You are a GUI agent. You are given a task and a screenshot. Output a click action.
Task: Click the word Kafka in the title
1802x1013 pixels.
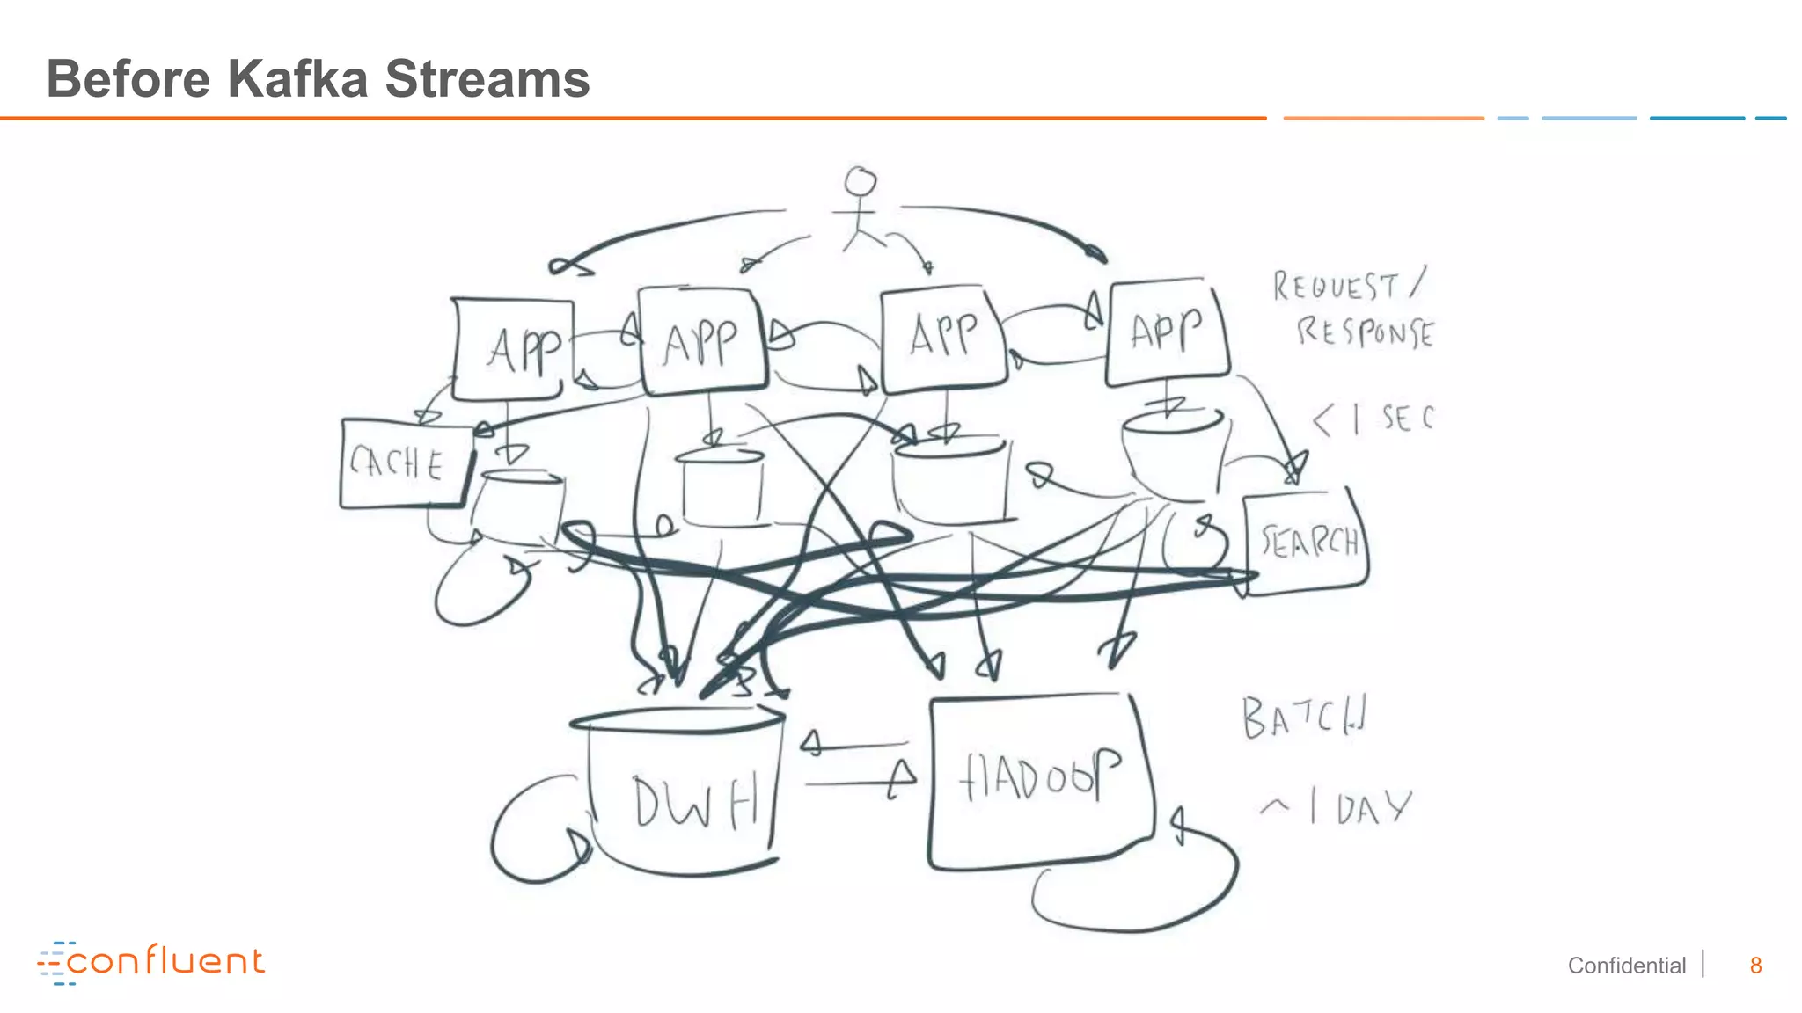coord(297,79)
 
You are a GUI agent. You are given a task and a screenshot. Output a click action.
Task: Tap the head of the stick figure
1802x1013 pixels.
coord(860,182)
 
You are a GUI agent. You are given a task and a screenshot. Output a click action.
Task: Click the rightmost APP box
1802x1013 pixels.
coord(1166,332)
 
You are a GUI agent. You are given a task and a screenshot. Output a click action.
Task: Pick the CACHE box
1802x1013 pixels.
coord(403,463)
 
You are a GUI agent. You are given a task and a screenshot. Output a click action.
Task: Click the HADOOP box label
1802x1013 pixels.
coord(1038,776)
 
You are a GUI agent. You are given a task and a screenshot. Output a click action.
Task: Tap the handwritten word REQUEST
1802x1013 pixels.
coord(1336,287)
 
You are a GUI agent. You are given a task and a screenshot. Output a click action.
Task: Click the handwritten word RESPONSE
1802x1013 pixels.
coord(1365,332)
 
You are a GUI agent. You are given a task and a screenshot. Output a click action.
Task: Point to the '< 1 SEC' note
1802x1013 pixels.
coord(1373,419)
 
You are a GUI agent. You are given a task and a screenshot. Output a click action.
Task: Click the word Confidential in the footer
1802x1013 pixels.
coord(1626,966)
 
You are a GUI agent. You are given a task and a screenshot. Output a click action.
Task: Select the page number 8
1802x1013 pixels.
coord(1755,966)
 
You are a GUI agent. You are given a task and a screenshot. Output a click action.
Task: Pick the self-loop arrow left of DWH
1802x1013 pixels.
coord(528,831)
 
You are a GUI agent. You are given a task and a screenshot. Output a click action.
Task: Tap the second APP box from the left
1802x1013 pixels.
coord(701,340)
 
